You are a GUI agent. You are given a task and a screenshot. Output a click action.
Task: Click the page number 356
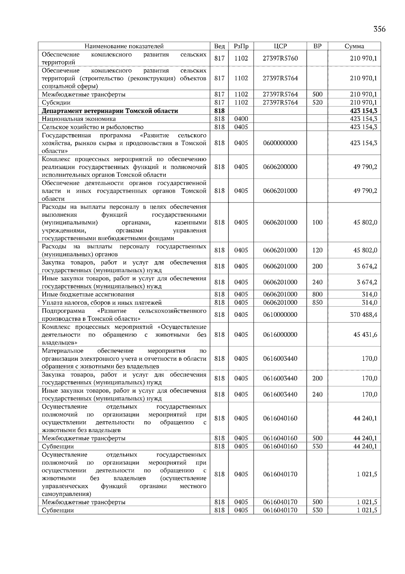[x=379, y=29]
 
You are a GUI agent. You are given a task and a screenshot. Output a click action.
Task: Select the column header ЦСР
[x=280, y=46]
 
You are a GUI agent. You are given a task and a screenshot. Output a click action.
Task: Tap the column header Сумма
[x=354, y=46]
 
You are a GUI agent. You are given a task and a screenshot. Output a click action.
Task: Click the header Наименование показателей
[x=124, y=46]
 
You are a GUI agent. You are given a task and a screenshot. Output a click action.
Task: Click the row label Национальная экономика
[x=79, y=119]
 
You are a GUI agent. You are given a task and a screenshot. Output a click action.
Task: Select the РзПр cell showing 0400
[x=241, y=119]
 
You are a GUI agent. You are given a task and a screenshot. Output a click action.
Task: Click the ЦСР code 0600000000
[x=280, y=143]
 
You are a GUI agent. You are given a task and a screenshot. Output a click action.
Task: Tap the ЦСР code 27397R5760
[x=280, y=58]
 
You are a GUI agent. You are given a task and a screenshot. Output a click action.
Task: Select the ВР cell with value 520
[x=317, y=102]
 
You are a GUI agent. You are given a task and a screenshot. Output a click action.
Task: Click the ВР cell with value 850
[x=317, y=303]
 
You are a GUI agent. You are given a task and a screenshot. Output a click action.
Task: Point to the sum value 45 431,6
[x=365, y=335]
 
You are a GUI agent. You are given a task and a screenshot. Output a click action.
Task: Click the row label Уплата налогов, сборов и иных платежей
[x=102, y=303]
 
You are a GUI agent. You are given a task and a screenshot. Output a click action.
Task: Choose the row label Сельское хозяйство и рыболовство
[x=92, y=127]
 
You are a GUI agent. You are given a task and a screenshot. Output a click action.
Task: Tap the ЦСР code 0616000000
[x=280, y=335]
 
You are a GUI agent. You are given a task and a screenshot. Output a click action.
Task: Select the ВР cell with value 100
[x=317, y=222]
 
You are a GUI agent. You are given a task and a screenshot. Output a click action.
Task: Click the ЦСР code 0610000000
[x=280, y=315]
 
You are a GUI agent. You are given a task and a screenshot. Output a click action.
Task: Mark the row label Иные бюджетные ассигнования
[x=88, y=294]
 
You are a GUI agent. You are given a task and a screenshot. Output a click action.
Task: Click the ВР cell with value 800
[x=317, y=294]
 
